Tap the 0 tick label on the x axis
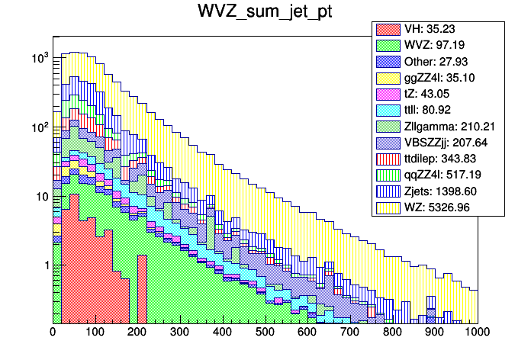coord(53,333)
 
